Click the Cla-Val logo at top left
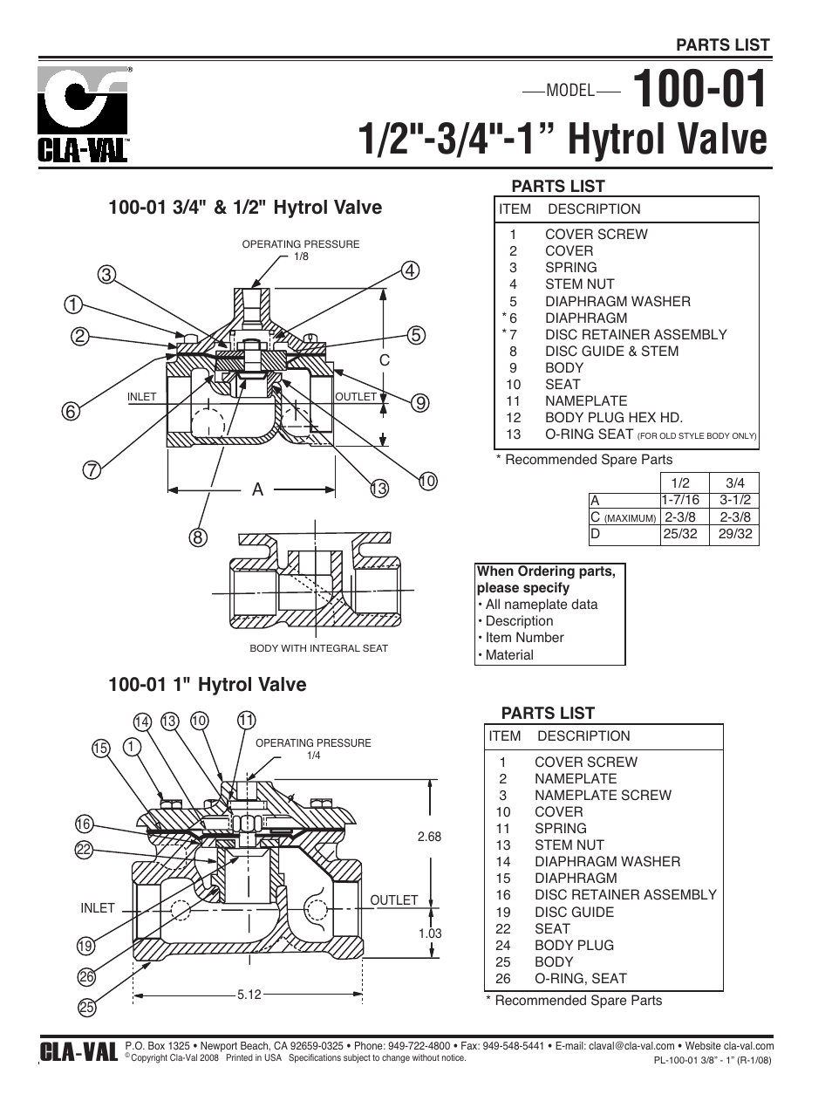83,114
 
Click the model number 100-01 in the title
700,90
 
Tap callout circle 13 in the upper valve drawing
378,489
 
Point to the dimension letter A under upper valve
257,490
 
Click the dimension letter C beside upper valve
384,359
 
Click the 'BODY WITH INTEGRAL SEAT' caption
318,648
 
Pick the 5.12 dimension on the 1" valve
249,994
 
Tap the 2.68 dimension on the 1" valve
429,837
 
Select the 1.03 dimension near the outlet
430,933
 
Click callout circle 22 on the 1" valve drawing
84,849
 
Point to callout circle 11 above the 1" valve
246,720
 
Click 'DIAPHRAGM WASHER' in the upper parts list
617,301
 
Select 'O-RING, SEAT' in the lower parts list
580,978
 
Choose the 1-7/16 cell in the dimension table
681,500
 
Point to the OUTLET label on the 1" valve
393,899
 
